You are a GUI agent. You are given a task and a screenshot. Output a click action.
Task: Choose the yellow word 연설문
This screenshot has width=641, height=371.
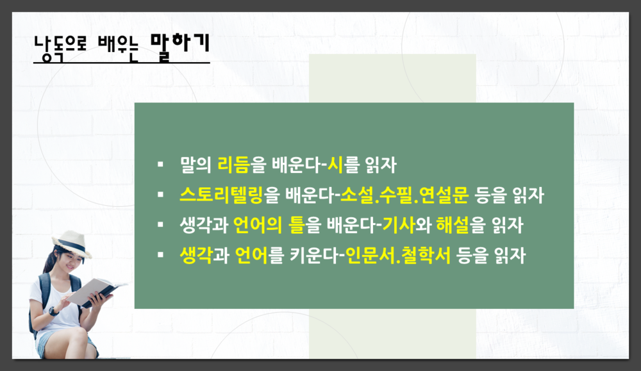click(445, 195)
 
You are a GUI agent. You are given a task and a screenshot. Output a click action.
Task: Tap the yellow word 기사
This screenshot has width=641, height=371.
click(397, 226)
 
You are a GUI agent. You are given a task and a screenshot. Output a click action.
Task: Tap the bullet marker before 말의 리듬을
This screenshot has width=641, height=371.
click(160, 165)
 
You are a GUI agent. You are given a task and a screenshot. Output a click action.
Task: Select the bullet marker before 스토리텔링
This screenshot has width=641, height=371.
click(160, 195)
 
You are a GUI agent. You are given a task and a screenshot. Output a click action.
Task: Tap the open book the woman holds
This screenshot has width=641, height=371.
click(96, 291)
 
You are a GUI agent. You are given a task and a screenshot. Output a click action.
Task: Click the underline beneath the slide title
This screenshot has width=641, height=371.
click(122, 63)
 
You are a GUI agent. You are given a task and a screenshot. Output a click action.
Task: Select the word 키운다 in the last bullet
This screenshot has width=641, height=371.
click(310, 256)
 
